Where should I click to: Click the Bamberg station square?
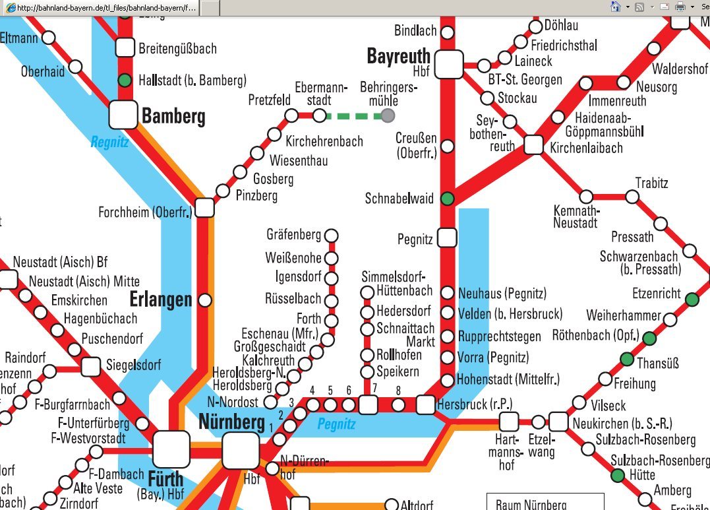pos(123,115)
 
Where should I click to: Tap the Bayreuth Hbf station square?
pos(448,64)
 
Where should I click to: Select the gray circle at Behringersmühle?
pos(388,116)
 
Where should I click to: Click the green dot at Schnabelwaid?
pos(448,198)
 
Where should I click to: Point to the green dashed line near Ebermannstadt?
pos(353,116)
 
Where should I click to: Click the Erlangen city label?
pos(161,300)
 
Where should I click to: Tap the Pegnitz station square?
pos(447,237)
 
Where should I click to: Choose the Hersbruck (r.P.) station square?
pos(426,404)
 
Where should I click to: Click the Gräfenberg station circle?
pos(332,236)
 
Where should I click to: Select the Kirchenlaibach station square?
pos(533,145)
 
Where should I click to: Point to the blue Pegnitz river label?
pos(336,424)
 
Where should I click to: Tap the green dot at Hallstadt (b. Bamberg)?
pos(125,81)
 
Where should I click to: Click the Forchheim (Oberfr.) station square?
pos(204,208)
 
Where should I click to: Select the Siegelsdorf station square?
pos(92,365)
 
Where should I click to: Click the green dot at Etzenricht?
pos(692,300)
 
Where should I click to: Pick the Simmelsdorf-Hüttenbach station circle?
pos(367,292)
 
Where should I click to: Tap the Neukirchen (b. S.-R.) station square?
pos(558,421)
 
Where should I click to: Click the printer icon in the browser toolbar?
pos(680,7)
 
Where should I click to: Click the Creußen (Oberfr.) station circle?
pos(448,146)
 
